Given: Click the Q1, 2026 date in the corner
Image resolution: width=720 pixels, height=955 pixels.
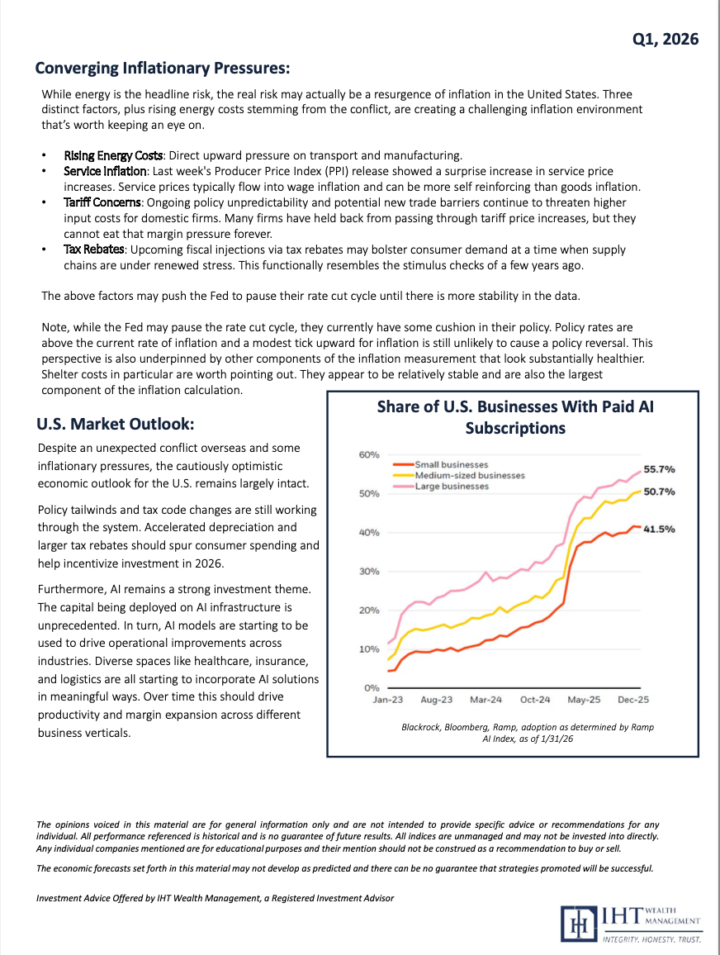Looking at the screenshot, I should (666, 39).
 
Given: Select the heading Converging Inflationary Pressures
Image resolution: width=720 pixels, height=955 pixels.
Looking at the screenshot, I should (162, 67).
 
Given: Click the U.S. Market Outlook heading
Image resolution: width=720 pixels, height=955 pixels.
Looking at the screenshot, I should (116, 424).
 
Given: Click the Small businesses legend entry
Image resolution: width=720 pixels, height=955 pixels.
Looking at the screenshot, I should (451, 464).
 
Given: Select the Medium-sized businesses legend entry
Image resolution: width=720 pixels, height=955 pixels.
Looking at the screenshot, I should (469, 475).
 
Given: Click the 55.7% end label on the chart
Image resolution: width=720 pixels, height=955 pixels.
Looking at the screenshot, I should (659, 468).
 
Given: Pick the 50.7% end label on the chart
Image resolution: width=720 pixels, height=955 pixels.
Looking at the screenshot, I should (659, 492).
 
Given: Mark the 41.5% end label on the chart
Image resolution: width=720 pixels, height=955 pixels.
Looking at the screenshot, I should (659, 529).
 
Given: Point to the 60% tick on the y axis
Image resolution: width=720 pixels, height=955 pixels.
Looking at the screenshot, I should (368, 454).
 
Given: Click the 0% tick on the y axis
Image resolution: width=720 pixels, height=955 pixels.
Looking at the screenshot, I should (372, 687).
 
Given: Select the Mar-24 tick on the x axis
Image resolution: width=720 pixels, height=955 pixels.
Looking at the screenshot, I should (486, 700).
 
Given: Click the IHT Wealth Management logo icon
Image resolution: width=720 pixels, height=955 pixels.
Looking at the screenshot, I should (576, 923).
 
